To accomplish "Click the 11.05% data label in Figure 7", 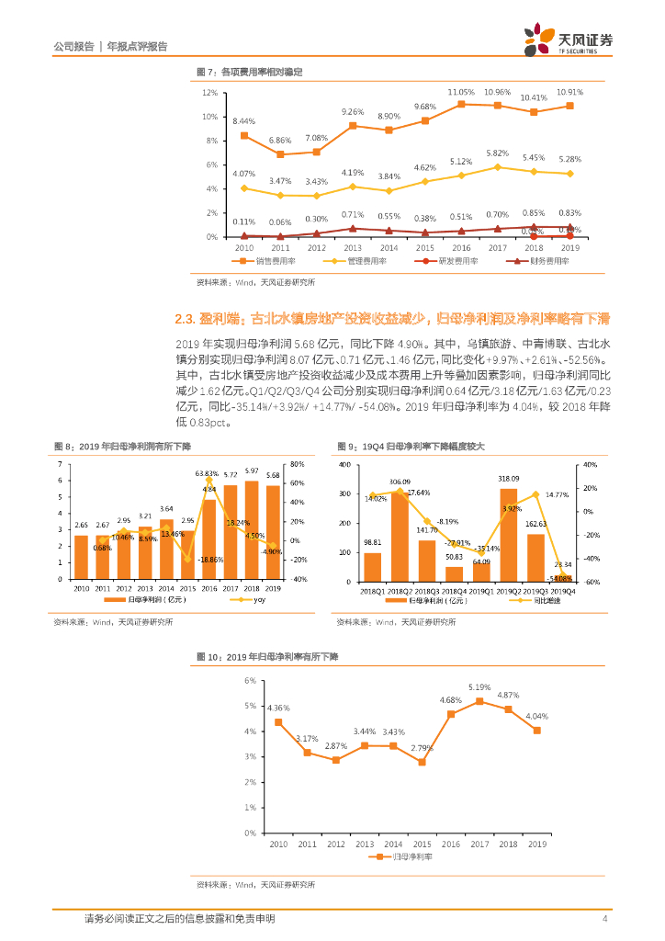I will (460, 93).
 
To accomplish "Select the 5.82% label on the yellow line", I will (497, 153).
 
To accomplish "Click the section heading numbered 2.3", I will (391, 319).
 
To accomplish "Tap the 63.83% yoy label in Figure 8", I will (207, 473).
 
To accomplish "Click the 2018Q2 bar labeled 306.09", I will (400, 538).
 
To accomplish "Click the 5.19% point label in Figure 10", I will (479, 687).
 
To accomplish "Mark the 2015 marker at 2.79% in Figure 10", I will (423, 762).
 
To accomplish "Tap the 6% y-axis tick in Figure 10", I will (248, 680).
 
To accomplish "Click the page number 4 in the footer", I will (604, 918).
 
